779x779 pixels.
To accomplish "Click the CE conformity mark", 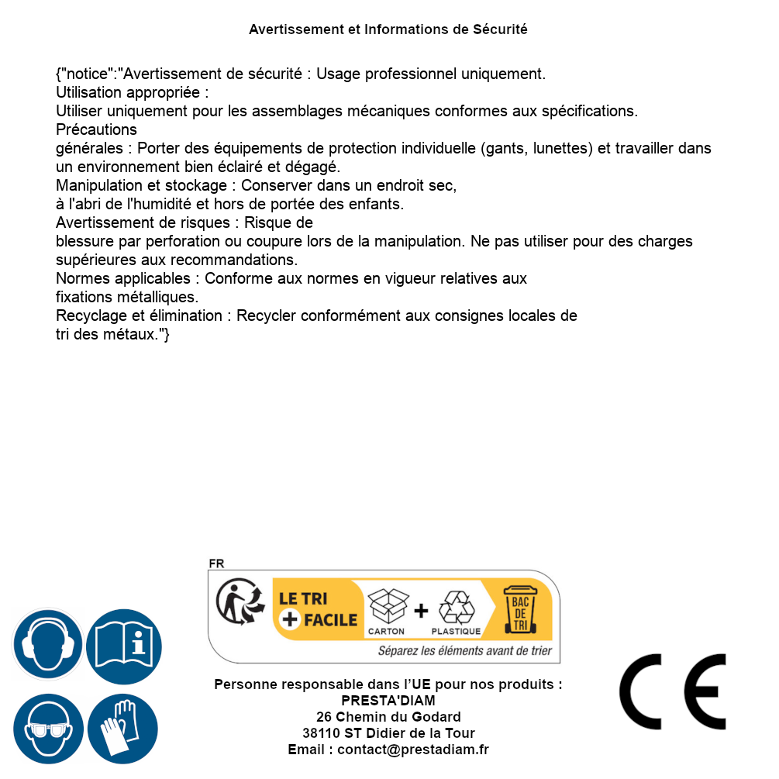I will pyautogui.click(x=672, y=691).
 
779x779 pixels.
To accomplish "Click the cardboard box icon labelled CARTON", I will pyautogui.click(x=387, y=608).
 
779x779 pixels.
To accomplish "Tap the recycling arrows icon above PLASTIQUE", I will pyautogui.click(x=456, y=608).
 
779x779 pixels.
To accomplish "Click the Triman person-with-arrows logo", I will pyautogui.click(x=236, y=603).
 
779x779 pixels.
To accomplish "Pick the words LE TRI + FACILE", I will pyautogui.click(x=318, y=609).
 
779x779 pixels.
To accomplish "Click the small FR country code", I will pyautogui.click(x=216, y=564).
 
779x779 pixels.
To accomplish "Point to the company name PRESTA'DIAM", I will pyautogui.click(x=388, y=701).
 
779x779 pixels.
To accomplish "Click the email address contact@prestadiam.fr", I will pyautogui.click(x=412, y=750).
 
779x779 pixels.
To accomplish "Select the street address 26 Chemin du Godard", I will pyautogui.click(x=388, y=717).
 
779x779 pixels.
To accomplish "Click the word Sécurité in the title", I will pyautogui.click(x=500, y=29).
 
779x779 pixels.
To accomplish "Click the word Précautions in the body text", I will pyautogui.click(x=96, y=129).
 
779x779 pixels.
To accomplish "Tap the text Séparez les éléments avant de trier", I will pyautogui.click(x=464, y=651).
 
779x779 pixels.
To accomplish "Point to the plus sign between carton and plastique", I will pyautogui.click(x=421, y=611).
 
